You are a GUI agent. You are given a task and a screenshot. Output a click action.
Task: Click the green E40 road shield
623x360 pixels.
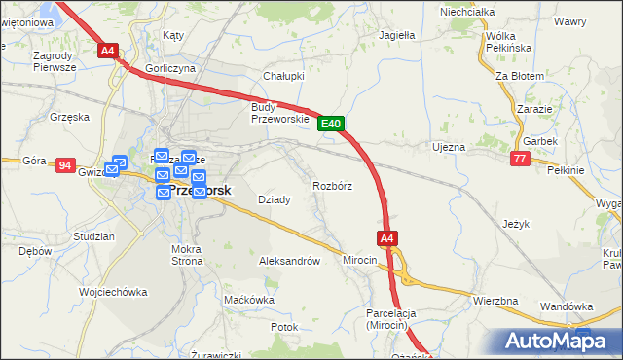click(x=331, y=124)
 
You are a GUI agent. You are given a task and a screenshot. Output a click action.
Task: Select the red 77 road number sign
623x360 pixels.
click(x=521, y=158)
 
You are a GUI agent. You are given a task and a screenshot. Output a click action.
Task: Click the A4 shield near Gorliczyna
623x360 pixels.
click(x=107, y=51)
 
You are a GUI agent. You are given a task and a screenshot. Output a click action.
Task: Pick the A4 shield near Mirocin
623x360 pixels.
click(x=386, y=237)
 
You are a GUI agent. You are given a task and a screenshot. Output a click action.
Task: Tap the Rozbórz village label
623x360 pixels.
click(x=332, y=185)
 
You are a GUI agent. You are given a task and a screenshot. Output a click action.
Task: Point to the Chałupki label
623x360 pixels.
click(x=284, y=76)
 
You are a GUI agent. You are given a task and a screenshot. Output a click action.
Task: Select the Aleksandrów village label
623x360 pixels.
click(x=289, y=261)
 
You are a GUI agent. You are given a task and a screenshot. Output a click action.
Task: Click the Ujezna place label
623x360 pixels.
click(x=449, y=147)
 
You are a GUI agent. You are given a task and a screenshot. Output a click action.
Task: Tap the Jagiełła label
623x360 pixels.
click(x=396, y=35)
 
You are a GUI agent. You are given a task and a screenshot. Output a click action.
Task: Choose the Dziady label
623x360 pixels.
click(x=274, y=199)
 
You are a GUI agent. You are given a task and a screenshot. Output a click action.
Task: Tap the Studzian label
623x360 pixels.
click(x=93, y=236)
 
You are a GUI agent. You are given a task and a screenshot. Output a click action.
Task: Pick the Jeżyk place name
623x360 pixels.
click(x=516, y=224)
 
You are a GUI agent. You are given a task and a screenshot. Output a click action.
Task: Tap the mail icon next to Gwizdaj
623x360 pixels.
click(x=118, y=165)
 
